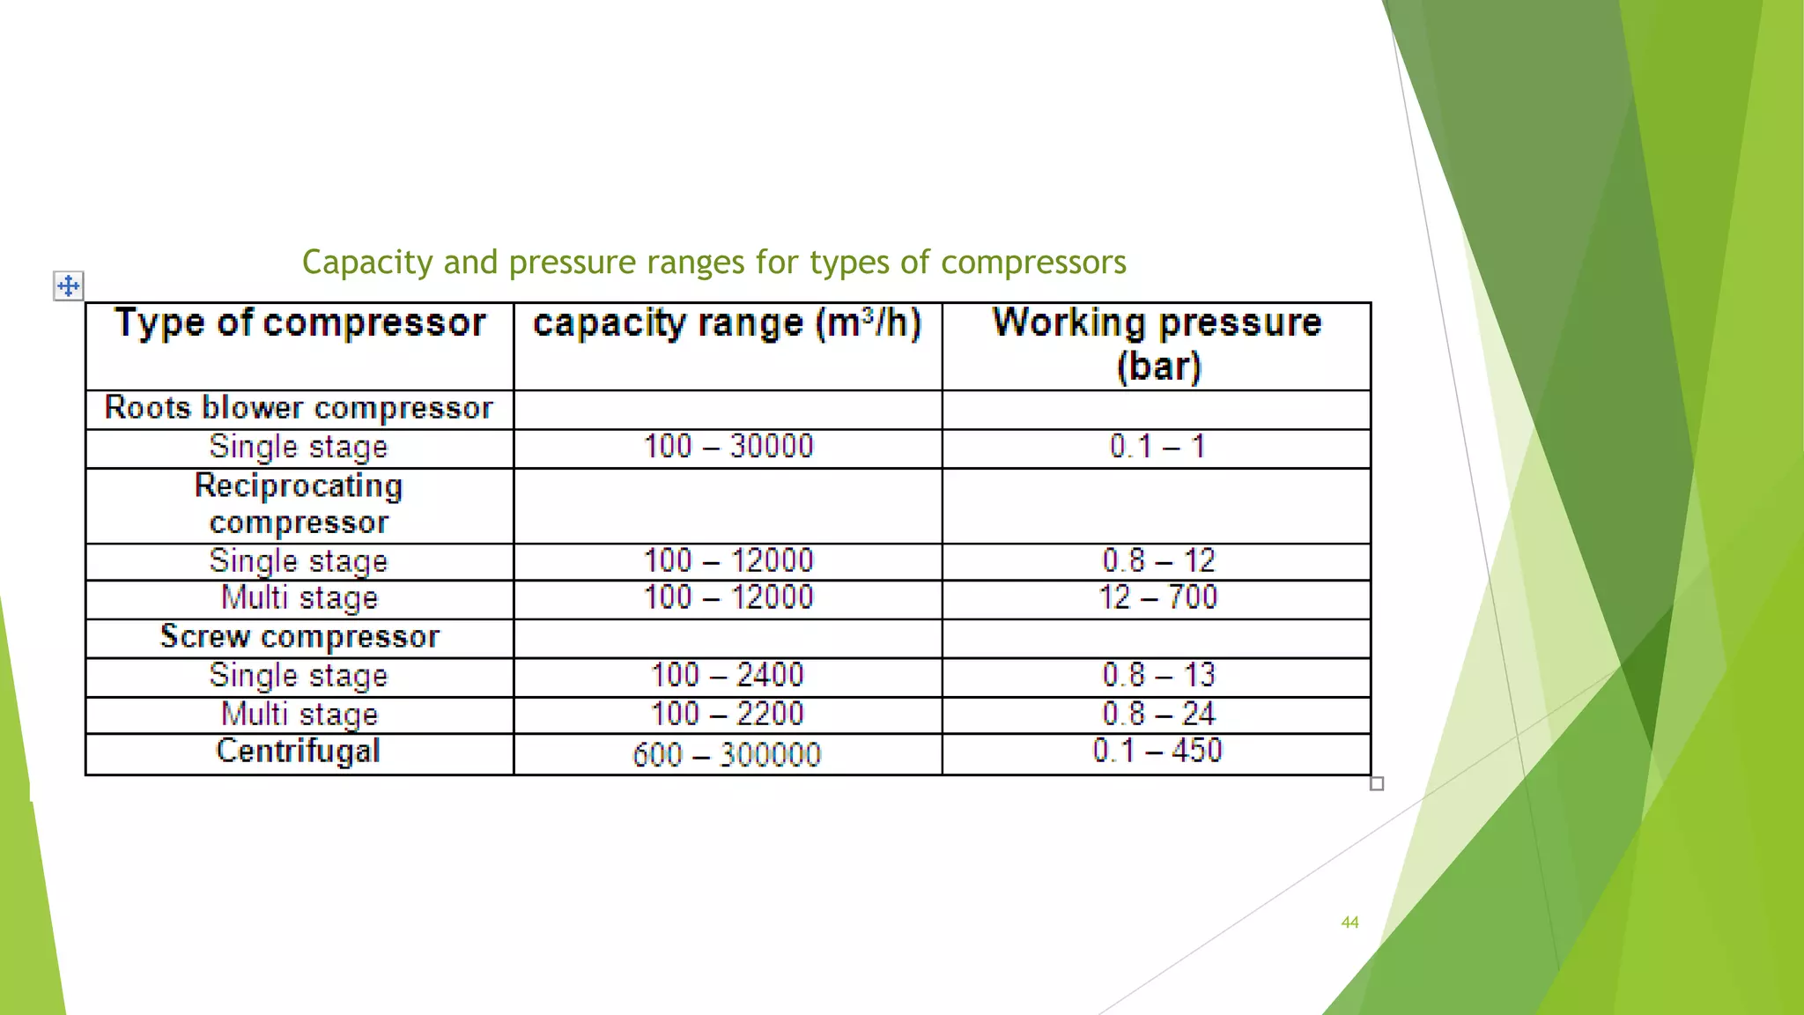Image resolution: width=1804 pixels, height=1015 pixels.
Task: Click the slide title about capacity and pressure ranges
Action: (713, 263)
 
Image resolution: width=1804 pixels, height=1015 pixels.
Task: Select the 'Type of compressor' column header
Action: (299, 323)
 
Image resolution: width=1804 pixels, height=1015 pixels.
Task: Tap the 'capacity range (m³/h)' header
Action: (728, 323)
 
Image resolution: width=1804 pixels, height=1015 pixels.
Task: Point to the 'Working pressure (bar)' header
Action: (1157, 344)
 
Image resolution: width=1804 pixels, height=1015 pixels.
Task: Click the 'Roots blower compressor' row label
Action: (299, 408)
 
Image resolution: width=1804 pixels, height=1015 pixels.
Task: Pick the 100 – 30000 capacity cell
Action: (728, 447)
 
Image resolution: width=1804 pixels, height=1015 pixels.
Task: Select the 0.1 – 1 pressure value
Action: (1157, 447)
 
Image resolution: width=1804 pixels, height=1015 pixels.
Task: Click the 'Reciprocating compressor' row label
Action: (299, 504)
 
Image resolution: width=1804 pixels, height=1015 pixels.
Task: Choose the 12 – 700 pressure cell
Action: (1157, 597)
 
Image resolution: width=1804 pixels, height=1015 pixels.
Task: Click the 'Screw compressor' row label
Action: (299, 637)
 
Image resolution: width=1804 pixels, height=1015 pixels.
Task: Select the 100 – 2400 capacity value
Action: (728, 676)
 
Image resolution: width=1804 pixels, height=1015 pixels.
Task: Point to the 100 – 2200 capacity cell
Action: (728, 714)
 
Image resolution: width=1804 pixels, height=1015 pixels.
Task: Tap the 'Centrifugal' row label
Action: (299, 752)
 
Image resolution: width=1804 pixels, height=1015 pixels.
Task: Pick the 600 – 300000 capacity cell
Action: (727, 755)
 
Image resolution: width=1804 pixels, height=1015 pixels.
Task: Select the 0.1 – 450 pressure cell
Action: (1157, 752)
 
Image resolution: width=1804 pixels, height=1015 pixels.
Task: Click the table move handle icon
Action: (69, 285)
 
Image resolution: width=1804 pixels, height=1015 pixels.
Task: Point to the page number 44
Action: (1349, 922)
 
